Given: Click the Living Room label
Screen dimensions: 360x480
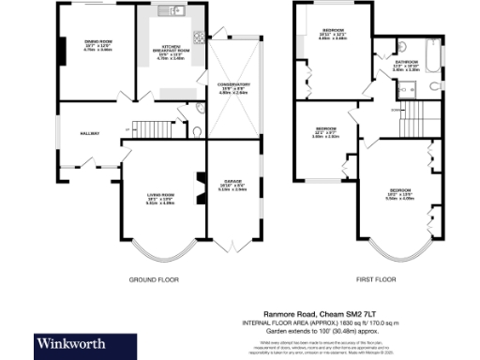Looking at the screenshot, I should tap(158, 198).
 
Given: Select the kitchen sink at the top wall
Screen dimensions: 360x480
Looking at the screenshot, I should tap(170, 12).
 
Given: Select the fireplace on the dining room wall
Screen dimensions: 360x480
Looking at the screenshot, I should tap(62, 54).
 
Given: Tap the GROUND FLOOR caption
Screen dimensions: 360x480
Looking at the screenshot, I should tap(153, 279).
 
